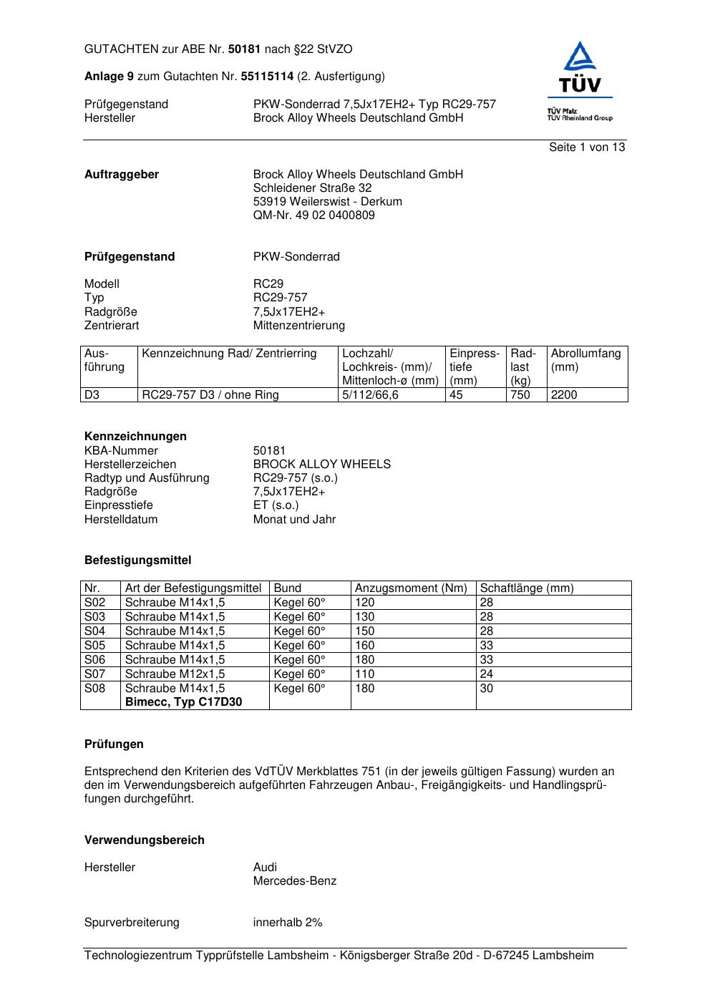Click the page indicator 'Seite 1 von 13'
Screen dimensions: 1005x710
click(587, 147)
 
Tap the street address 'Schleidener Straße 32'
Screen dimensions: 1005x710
click(312, 188)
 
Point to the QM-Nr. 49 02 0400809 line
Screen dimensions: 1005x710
click(313, 215)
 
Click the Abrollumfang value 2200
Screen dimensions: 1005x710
click(564, 395)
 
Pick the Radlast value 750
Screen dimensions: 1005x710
click(520, 395)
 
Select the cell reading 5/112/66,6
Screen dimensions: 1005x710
click(370, 395)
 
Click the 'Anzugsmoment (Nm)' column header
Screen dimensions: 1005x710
click(411, 588)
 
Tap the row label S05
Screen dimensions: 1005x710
click(94, 646)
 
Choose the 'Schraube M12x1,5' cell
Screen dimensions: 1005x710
click(175, 674)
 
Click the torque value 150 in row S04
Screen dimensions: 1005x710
click(364, 631)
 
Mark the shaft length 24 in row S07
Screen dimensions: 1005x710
click(486, 674)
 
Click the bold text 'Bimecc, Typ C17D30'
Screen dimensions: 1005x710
click(183, 702)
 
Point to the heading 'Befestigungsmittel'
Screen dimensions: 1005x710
click(137, 560)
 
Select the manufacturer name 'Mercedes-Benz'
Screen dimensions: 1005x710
click(294, 881)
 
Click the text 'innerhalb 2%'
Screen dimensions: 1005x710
click(288, 923)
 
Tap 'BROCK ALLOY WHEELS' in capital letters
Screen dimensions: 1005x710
click(321, 465)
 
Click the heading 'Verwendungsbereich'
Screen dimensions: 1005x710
click(144, 840)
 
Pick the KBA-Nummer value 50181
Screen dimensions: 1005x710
click(269, 451)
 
